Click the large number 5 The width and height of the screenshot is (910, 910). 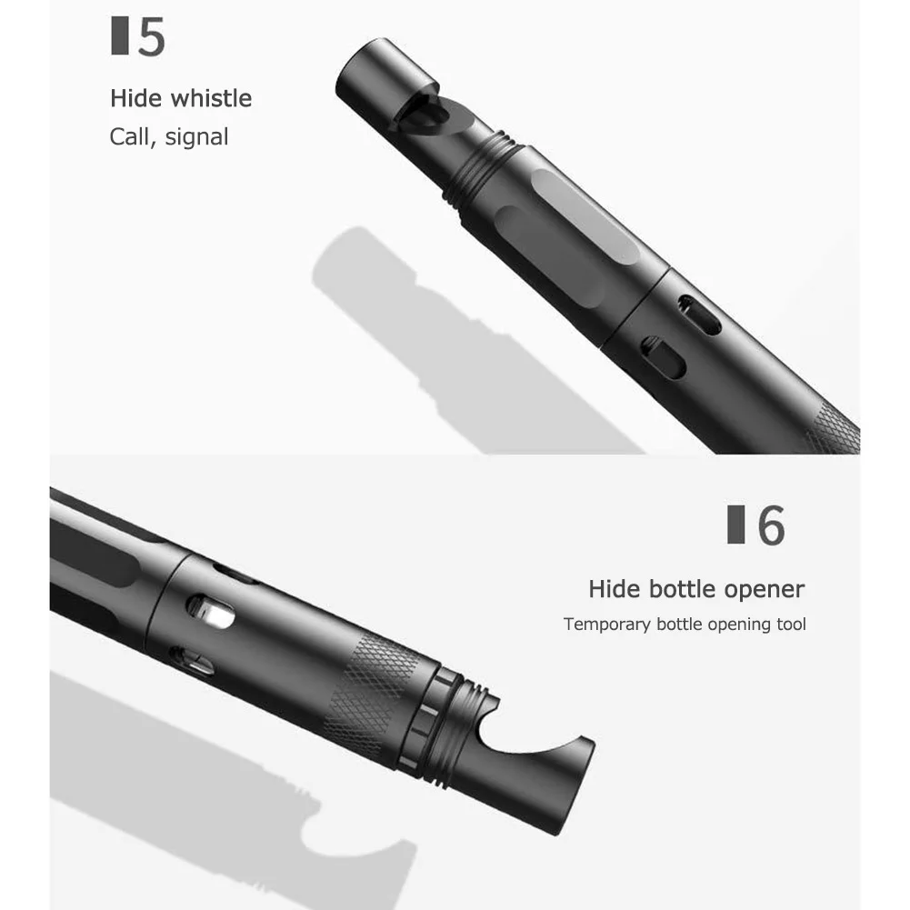click(x=152, y=36)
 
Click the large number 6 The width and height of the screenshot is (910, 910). click(x=771, y=525)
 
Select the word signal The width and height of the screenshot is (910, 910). click(x=196, y=137)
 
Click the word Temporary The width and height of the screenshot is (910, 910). click(x=607, y=625)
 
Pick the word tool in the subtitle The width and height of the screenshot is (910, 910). click(x=791, y=624)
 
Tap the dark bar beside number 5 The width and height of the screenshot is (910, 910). click(x=120, y=36)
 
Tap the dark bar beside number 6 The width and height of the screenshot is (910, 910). click(x=735, y=524)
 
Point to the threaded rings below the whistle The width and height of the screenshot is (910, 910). click(x=480, y=168)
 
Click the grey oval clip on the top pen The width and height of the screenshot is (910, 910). click(x=586, y=215)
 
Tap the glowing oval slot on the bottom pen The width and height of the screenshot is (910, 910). click(x=211, y=613)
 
